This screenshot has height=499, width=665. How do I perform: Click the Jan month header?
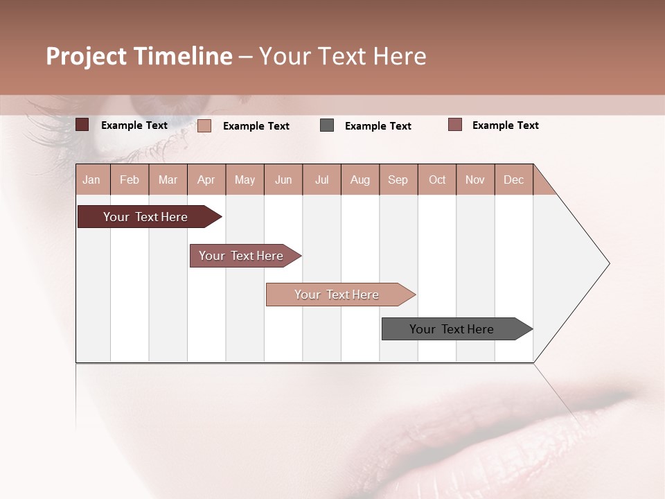(92, 180)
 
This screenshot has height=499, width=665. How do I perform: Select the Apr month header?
(206, 180)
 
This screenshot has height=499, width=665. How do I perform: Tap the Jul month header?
(322, 180)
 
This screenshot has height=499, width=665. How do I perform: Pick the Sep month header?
(398, 180)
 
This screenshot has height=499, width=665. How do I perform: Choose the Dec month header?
(513, 180)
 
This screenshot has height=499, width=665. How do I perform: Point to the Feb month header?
(130, 180)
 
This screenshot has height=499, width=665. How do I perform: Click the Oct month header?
(437, 180)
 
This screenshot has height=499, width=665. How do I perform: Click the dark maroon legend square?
(82, 125)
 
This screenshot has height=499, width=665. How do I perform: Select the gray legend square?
(327, 125)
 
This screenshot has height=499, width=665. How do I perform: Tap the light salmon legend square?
(204, 125)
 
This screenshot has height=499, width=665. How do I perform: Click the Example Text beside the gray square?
(378, 126)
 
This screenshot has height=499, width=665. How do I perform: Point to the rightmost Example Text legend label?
(505, 125)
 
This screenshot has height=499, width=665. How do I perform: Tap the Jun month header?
(283, 180)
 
